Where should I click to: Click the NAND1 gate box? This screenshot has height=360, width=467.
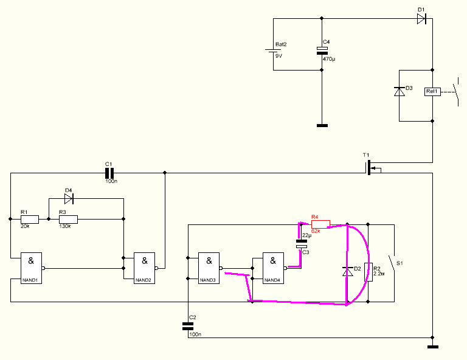coord(31,268)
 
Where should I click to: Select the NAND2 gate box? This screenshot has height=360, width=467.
coord(145,268)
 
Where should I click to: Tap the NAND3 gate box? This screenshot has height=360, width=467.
coord(209,268)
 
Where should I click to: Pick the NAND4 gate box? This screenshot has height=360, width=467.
coord(273,268)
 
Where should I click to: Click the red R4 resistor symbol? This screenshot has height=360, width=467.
coord(320,224)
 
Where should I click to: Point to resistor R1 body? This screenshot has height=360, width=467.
coord(29,219)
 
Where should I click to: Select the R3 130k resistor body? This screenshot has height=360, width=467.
coord(68,219)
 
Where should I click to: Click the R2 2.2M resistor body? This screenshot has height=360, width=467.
coord(368,272)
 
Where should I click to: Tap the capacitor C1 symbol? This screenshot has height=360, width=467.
coord(109,173)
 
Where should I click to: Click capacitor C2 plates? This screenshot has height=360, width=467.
coord(188,327)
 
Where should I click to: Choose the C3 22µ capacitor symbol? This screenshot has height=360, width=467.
coord(302,244)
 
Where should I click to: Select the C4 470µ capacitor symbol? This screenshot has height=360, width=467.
coord(322,50)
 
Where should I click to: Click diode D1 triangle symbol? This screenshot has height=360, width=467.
coord(421,19)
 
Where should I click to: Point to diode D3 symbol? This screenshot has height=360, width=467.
coord(400,91)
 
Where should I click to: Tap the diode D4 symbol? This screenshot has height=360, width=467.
coord(69,199)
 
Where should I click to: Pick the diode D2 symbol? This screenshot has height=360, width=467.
coord(347,272)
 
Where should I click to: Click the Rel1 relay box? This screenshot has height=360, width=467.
coord(432,91)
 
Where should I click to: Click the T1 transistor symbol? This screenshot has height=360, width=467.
coord(371,168)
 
